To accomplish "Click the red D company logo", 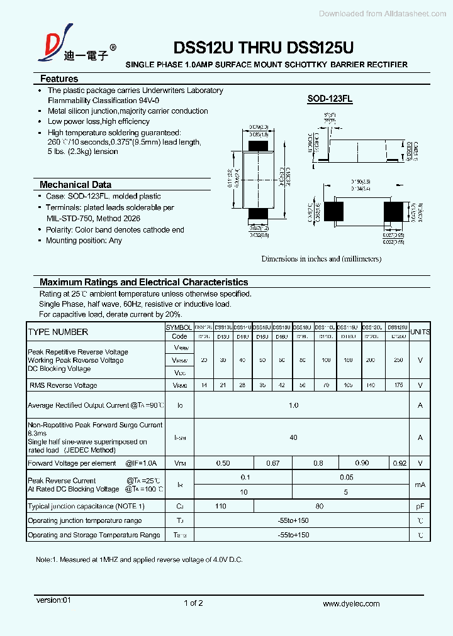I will [49, 48].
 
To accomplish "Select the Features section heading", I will [59, 79].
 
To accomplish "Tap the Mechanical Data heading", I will [75, 185].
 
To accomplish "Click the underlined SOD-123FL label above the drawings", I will [330, 99].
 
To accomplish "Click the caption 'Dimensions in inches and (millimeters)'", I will [321, 258].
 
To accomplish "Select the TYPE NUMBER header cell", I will [58, 332].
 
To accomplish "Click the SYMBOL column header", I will [179, 327].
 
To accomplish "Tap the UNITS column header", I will [420, 332].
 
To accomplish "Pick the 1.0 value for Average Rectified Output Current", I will [293, 405].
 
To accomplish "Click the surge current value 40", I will [293, 437].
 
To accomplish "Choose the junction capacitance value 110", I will [220, 506].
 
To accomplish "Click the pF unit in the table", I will [420, 506].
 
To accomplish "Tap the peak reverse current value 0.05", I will [346, 478].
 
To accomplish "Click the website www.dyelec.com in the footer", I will [351, 603].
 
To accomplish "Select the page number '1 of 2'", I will [193, 603].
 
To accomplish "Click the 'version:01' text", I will [53, 600].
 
